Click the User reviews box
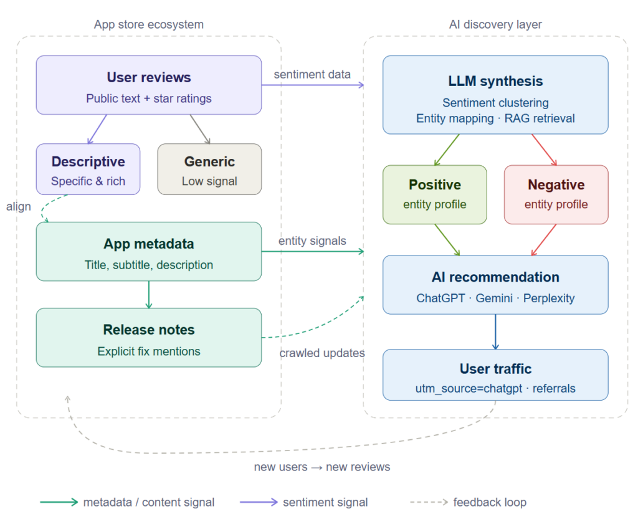click(x=148, y=85)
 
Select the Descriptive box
click(x=88, y=169)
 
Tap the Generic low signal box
click(x=209, y=169)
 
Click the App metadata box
click(x=148, y=252)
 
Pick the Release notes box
click(x=148, y=338)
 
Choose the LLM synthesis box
click(x=495, y=95)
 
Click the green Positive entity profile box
click(x=434, y=194)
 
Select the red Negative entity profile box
click(x=556, y=194)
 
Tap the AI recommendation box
click(x=495, y=285)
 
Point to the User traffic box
click(x=495, y=374)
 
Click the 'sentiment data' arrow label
click(x=312, y=74)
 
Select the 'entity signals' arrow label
click(x=312, y=241)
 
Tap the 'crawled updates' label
click(x=321, y=353)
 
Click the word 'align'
click(x=18, y=206)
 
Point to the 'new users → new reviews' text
click(x=322, y=467)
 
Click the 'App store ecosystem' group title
click(x=148, y=25)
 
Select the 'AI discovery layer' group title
click(x=495, y=25)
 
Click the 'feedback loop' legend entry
click(x=490, y=502)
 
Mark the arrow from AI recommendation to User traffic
click(x=495, y=331)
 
